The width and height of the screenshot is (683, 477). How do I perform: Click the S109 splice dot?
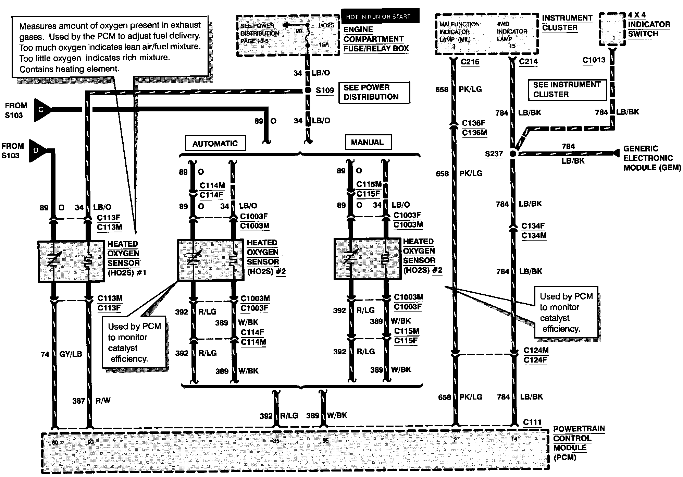point(308,90)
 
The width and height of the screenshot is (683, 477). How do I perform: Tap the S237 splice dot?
point(513,154)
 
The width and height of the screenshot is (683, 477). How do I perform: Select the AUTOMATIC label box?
point(215,143)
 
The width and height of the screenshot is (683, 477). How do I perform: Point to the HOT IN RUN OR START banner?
point(380,16)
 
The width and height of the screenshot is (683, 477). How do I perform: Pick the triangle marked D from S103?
point(37,150)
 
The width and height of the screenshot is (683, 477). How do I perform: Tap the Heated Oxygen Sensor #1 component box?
point(71,261)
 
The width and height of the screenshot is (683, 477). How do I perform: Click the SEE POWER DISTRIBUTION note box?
point(374,92)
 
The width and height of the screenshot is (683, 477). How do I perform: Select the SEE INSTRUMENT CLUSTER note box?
point(567,89)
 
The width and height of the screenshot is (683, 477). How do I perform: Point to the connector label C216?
point(470,62)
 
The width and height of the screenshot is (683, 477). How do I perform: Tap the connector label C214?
point(528,61)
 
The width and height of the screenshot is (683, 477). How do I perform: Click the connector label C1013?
point(594,60)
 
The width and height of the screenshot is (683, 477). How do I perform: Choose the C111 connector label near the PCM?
point(532,422)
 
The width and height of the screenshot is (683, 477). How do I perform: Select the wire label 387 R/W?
point(91,401)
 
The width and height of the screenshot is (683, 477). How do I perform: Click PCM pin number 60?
point(55,442)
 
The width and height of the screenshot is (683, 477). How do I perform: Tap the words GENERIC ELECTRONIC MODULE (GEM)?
point(652,158)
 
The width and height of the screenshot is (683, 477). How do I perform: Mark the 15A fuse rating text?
point(324,45)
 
